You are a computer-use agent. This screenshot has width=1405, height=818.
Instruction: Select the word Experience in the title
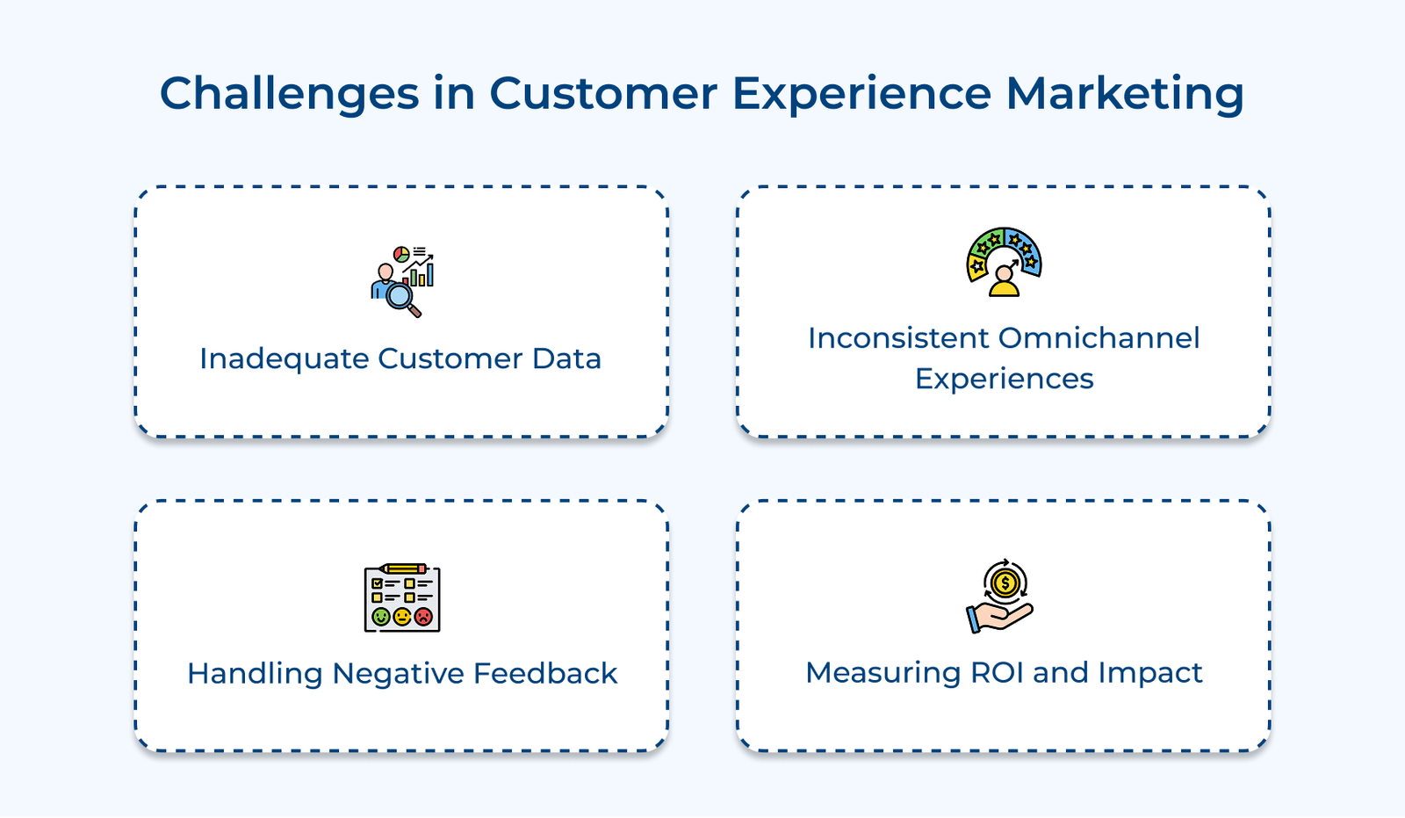point(861,93)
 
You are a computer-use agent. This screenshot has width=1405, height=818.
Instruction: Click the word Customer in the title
point(603,93)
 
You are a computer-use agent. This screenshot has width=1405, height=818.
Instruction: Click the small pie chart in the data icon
point(401,254)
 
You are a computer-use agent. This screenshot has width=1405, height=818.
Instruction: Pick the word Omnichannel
point(1099,338)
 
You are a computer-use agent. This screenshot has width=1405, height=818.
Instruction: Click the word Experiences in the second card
point(1004,379)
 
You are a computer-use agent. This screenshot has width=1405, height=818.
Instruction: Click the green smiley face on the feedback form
point(381,617)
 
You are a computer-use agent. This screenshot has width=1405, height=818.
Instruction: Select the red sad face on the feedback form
point(423,617)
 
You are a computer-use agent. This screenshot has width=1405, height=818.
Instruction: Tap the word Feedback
point(545,673)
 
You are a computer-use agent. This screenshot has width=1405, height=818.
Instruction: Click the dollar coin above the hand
point(1005,583)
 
